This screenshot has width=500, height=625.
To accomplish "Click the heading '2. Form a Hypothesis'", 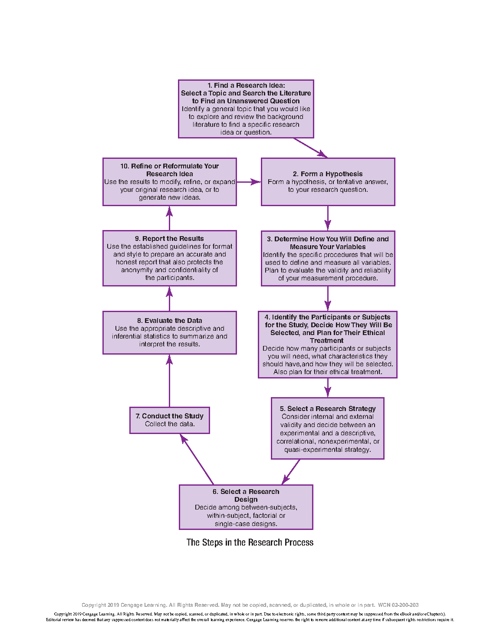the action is (327, 174).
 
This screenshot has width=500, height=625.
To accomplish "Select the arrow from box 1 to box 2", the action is (310, 148).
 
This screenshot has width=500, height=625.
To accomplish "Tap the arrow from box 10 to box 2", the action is (249, 182).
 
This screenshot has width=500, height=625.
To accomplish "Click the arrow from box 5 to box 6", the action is (290, 472).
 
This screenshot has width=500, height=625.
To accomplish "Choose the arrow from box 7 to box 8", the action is (169, 381).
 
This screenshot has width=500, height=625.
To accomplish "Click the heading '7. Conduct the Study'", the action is (169, 416).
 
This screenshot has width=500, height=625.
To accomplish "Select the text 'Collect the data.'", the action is (170, 424).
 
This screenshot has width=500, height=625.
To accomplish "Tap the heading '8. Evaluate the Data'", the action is (169, 320).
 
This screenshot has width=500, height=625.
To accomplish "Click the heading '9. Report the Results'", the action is (169, 238).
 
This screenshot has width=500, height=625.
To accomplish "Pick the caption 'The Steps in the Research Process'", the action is (250, 542).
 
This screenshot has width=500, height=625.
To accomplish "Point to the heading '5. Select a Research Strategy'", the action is (328, 408).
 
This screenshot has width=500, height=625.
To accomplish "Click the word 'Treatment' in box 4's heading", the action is (326, 340).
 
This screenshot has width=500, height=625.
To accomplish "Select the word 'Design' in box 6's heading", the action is (246, 499).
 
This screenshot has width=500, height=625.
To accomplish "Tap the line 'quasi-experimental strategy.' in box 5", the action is (327, 449).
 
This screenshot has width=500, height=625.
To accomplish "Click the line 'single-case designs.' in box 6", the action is (246, 523).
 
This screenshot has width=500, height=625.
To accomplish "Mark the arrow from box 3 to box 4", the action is (328, 299).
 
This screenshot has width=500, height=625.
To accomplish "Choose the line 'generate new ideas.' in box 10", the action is (169, 197).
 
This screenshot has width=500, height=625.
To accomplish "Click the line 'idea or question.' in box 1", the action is (246, 132).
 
